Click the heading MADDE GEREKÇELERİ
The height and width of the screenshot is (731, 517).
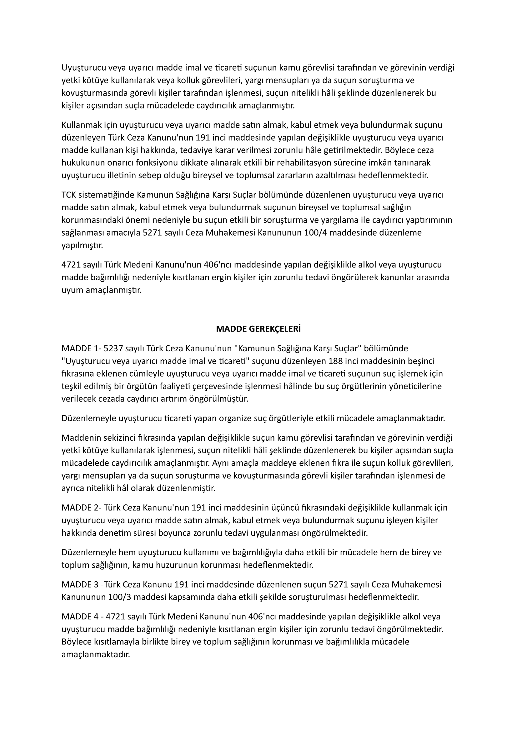pos(258,329)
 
